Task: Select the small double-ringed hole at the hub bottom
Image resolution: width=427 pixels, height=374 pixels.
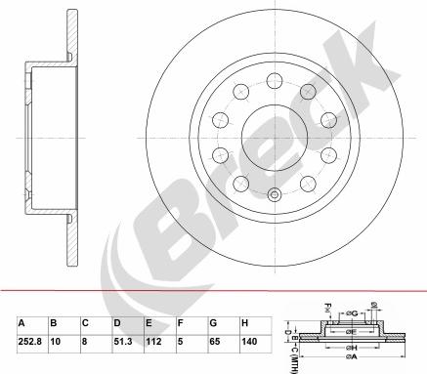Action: coord(275,193)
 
